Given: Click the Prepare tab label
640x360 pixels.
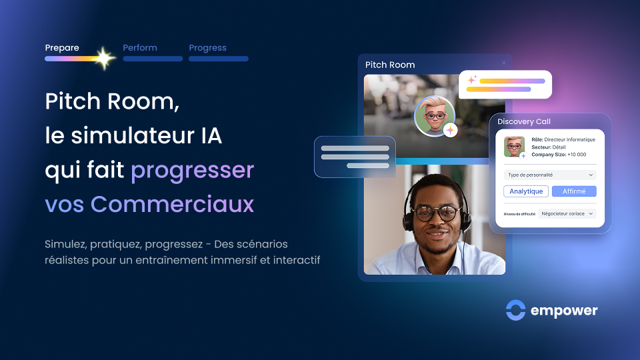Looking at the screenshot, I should pyautogui.click(x=62, y=48).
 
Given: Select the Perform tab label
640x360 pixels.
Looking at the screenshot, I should pyautogui.click(x=140, y=48).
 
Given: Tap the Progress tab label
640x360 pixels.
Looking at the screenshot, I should pyautogui.click(x=207, y=48).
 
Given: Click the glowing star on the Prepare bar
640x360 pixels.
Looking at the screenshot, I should pyautogui.click(x=104, y=59).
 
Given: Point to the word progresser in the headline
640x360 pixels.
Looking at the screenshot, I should pyautogui.click(x=192, y=171).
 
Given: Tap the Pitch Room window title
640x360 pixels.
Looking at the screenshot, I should pyautogui.click(x=390, y=65).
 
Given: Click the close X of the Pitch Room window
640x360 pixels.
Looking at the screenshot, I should pyautogui.click(x=503, y=63).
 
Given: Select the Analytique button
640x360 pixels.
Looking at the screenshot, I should pyautogui.click(x=526, y=191).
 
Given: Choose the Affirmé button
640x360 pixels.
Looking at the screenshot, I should pyautogui.click(x=574, y=191).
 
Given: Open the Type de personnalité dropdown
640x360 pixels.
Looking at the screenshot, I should pyautogui.click(x=550, y=175).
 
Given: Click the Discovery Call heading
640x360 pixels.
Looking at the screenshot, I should pyautogui.click(x=523, y=121).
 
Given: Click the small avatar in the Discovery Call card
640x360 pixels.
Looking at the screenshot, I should pyautogui.click(x=514, y=147).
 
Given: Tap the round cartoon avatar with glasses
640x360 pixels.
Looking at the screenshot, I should pyautogui.click(x=435, y=115).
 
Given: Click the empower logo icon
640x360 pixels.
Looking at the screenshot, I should pyautogui.click(x=515, y=310).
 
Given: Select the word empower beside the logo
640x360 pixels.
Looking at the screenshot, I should pyautogui.click(x=564, y=311).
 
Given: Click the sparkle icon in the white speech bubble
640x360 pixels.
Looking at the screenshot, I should pyautogui.click(x=471, y=80).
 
